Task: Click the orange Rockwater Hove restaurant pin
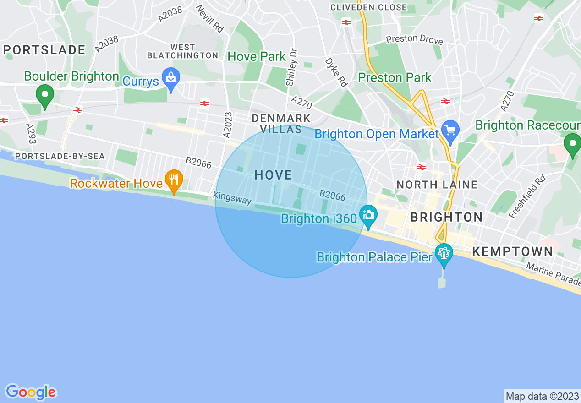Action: (x=174, y=180)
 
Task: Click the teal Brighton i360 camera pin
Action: (x=368, y=216)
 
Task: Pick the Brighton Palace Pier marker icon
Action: (x=444, y=253)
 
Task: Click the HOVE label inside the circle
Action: (x=273, y=175)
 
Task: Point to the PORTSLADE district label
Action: (x=44, y=50)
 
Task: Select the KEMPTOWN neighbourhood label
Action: (x=512, y=251)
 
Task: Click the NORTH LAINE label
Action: (x=437, y=185)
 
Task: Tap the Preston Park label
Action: (x=395, y=77)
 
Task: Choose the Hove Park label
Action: (x=257, y=57)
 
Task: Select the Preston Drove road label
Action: (x=414, y=40)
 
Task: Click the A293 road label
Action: (x=31, y=134)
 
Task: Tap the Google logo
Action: (x=31, y=392)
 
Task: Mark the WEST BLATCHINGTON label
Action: (x=182, y=51)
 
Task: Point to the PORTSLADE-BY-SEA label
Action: (x=60, y=156)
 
